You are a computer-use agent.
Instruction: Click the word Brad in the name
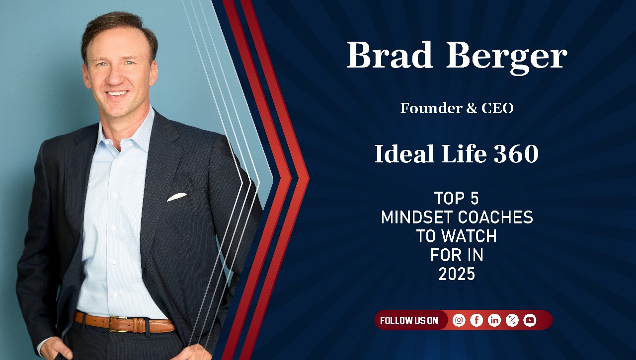390,55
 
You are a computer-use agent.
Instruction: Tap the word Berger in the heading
506,58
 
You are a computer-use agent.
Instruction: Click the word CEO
497,108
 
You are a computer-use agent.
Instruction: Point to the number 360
516,153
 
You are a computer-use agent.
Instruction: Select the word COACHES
495,217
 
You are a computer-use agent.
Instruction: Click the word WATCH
469,236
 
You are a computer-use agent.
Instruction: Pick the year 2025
457,274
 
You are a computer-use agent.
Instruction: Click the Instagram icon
459,320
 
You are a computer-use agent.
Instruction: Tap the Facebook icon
477,320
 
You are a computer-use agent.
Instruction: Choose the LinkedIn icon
494,320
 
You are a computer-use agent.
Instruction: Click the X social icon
512,320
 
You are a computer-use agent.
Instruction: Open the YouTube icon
530,320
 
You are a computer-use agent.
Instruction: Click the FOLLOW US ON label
409,321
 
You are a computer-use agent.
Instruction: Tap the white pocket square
177,197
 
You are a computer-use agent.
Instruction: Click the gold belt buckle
118,324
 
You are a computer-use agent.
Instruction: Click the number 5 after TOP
475,198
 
